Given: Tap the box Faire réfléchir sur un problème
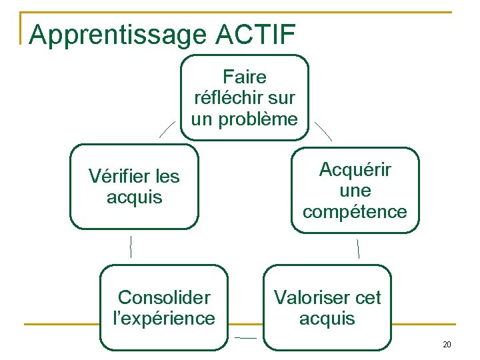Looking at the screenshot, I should coord(245,97).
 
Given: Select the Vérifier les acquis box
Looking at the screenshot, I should coord(134,187).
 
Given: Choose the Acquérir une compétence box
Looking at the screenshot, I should coord(355,190).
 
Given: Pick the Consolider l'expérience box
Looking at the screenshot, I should coord(164,307).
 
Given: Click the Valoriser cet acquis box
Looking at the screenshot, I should coord(327,307).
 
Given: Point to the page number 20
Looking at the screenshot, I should coord(447,345).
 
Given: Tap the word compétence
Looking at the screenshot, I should coord(355,212).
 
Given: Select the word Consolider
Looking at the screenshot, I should coord(164,297).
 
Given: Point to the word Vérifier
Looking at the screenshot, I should coord(116,176).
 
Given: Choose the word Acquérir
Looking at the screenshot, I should coord(355,169).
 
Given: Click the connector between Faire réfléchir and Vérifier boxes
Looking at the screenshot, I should coord(167,129).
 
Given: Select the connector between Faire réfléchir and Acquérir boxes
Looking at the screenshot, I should coord(323,131).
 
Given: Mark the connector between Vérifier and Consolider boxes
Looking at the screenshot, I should coord(131,247).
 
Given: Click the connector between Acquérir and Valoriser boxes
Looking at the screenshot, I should coord(358,248).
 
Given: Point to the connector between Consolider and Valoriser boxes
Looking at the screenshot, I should coord(245,338).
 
